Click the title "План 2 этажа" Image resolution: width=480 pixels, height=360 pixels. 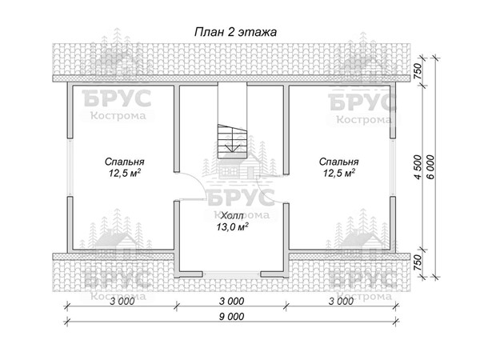point(235,32)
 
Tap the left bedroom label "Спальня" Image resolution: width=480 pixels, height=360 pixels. point(124,162)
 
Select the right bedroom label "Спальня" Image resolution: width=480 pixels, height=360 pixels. point(338,162)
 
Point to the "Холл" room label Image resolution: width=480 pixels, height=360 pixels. point(232,216)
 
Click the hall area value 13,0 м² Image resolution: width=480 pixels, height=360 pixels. point(232,227)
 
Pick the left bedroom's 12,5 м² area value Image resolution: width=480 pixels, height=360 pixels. point(125,174)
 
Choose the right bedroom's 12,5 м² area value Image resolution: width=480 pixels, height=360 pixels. point(339,174)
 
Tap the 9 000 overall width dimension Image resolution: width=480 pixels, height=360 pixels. point(232,316)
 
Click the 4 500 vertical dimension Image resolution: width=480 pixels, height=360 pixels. point(417,167)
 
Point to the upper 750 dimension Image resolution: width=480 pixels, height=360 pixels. point(418,71)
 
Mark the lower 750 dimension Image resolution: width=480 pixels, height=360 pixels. point(418,263)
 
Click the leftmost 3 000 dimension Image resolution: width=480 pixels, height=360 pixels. point(122,302)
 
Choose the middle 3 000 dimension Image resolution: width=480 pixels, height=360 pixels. point(232,302)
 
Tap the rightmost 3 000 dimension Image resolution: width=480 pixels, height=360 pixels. point(342,302)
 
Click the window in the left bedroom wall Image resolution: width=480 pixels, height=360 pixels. point(70,167)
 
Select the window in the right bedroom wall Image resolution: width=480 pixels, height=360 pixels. point(393,167)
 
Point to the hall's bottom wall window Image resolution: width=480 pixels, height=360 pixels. point(232,274)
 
